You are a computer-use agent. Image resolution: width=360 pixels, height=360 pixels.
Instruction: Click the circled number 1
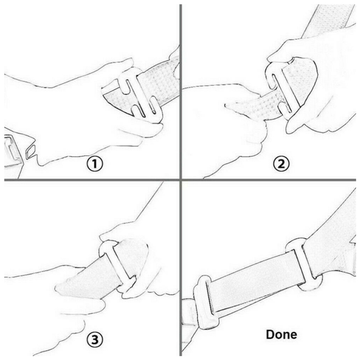95,164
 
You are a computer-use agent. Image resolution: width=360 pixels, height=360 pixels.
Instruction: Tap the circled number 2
281,164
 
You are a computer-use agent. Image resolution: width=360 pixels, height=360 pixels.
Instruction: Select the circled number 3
95,339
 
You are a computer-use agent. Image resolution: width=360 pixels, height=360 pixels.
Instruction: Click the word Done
281,334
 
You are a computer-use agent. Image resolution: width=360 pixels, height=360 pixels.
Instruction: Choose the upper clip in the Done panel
303,264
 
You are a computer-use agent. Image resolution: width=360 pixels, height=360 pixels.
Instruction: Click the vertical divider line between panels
180,180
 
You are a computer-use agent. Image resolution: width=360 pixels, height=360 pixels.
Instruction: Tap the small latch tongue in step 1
30,152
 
